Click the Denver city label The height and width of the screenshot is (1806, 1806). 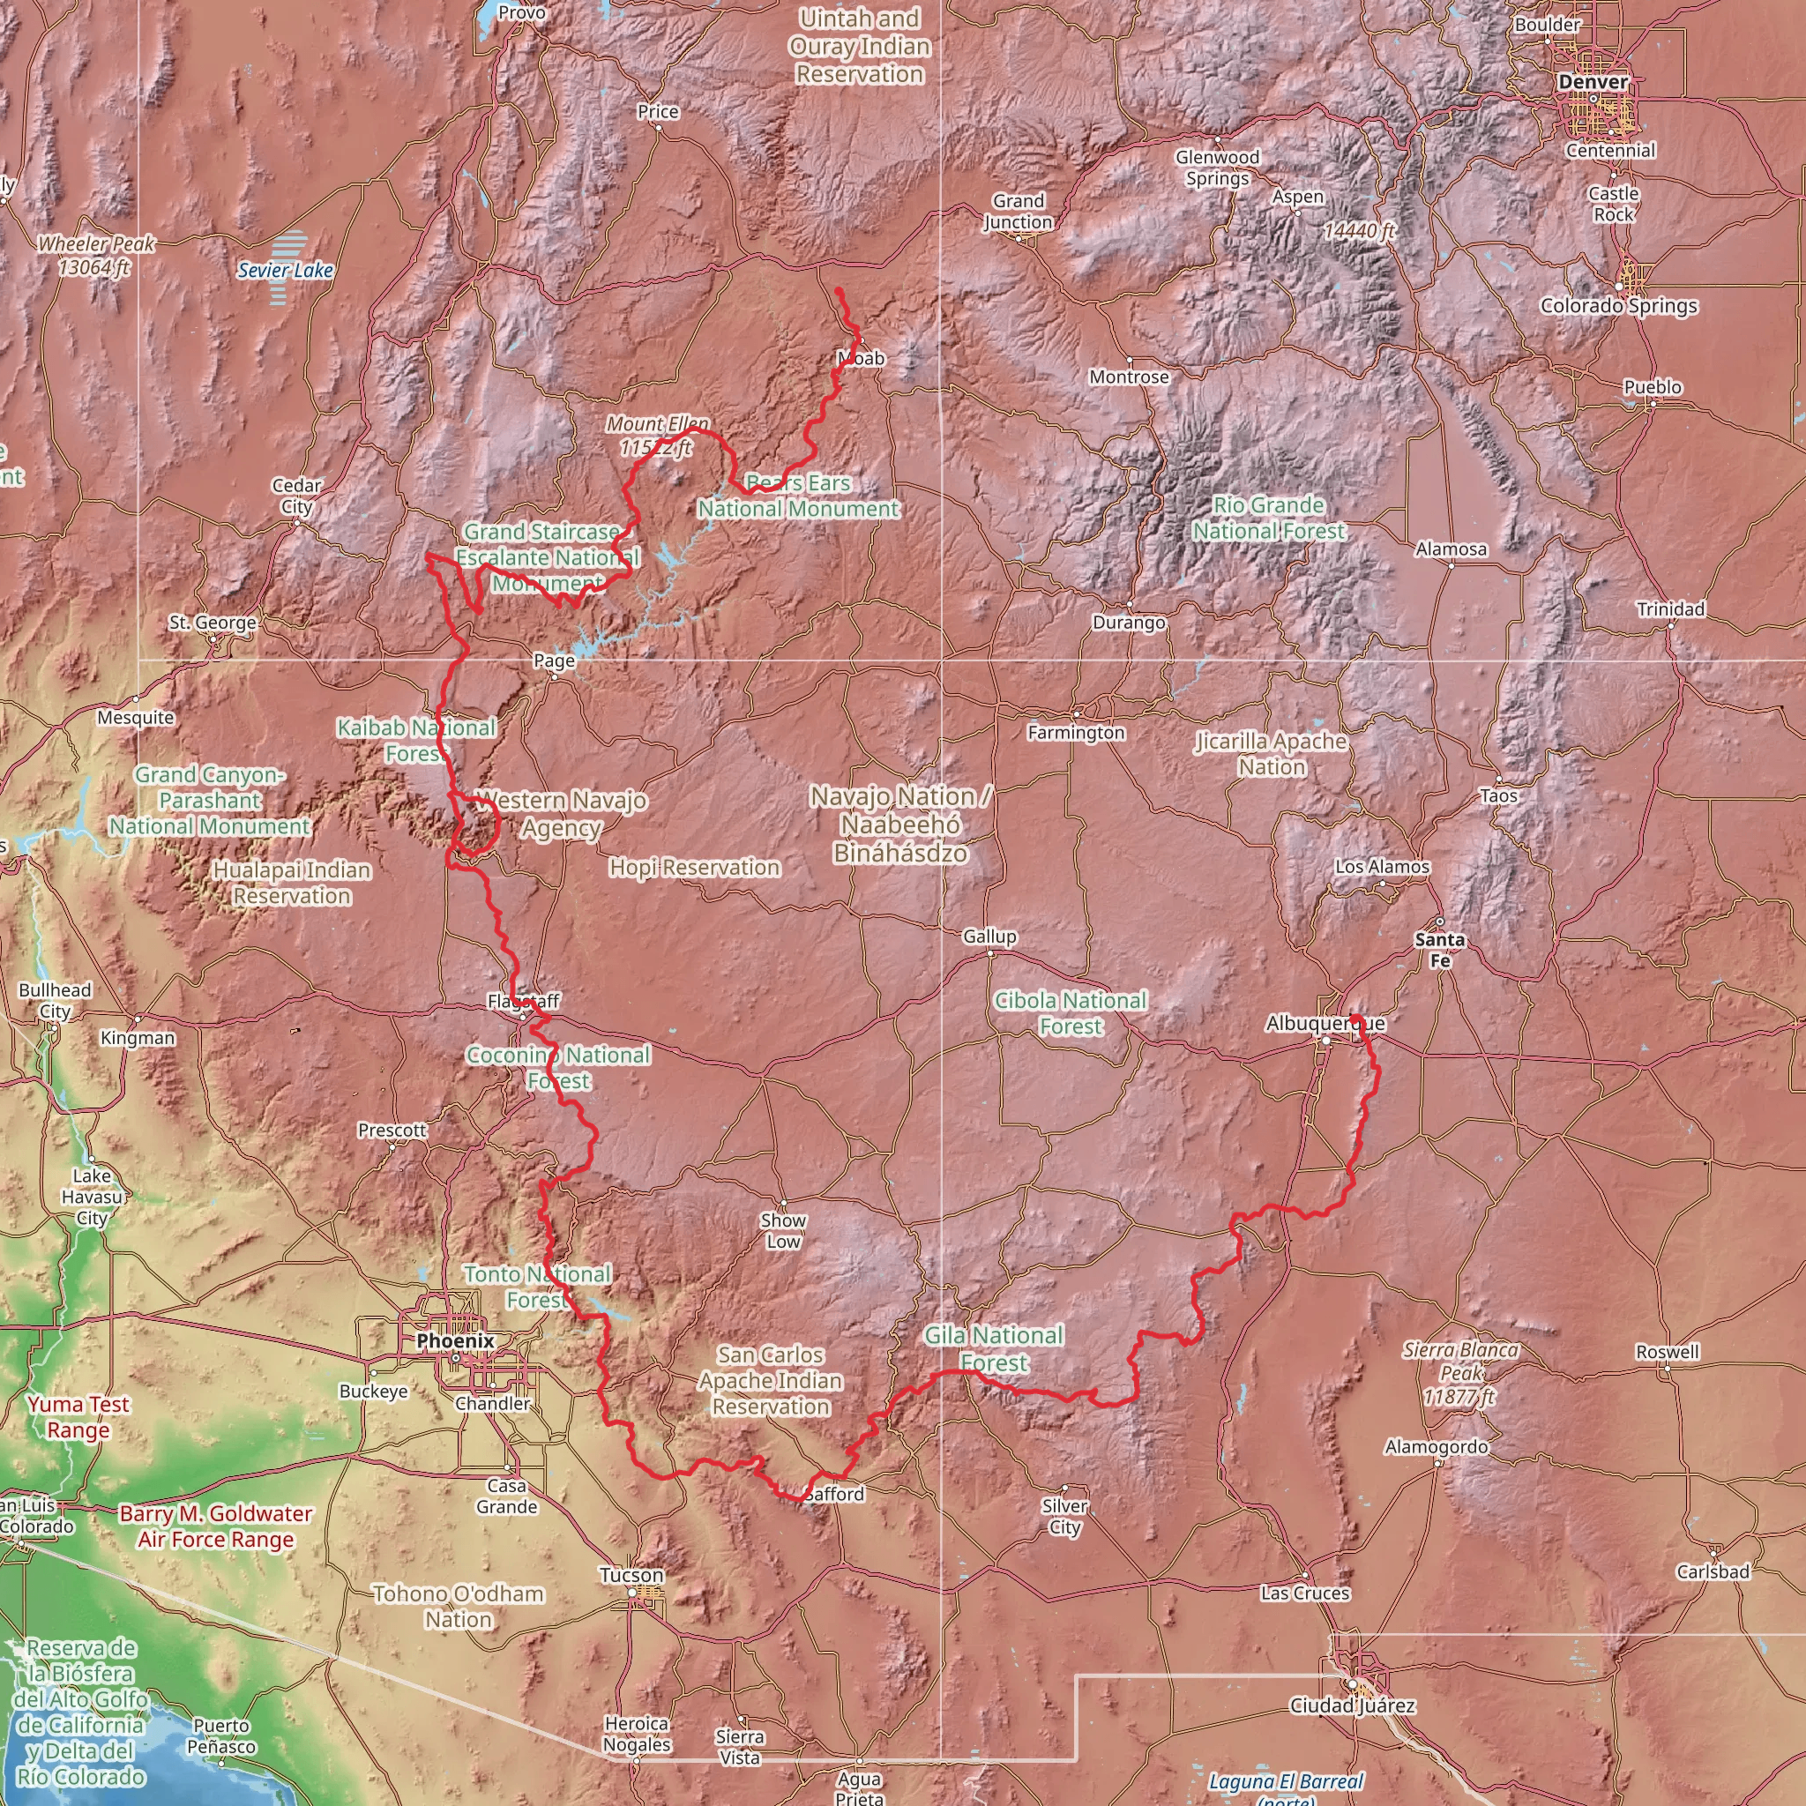click(x=1593, y=82)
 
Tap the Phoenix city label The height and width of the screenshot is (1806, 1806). click(x=455, y=1340)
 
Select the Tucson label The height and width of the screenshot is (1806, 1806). click(x=632, y=1575)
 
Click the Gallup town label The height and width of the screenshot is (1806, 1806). click(x=989, y=936)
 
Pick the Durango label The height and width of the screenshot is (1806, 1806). click(x=1128, y=623)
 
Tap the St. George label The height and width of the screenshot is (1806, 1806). click(x=213, y=623)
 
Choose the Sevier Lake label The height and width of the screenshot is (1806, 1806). click(x=285, y=270)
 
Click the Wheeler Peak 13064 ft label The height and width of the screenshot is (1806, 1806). click(x=95, y=255)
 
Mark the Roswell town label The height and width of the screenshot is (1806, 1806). click(x=1668, y=1352)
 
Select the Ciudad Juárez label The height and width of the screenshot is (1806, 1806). click(x=1352, y=1706)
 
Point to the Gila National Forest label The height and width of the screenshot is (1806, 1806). click(x=994, y=1349)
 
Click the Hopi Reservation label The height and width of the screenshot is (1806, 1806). click(x=695, y=868)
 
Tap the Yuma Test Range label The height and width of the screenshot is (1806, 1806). click(x=78, y=1417)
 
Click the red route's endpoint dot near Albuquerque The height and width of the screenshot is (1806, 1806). click(x=1354, y=1018)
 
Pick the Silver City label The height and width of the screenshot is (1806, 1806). click(x=1064, y=1516)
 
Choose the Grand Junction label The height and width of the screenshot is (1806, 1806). click(x=1018, y=212)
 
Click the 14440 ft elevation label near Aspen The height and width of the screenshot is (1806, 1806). click(x=1359, y=230)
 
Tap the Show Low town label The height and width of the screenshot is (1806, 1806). click(x=783, y=1231)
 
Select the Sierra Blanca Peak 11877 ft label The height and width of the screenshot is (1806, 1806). click(x=1460, y=1373)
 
